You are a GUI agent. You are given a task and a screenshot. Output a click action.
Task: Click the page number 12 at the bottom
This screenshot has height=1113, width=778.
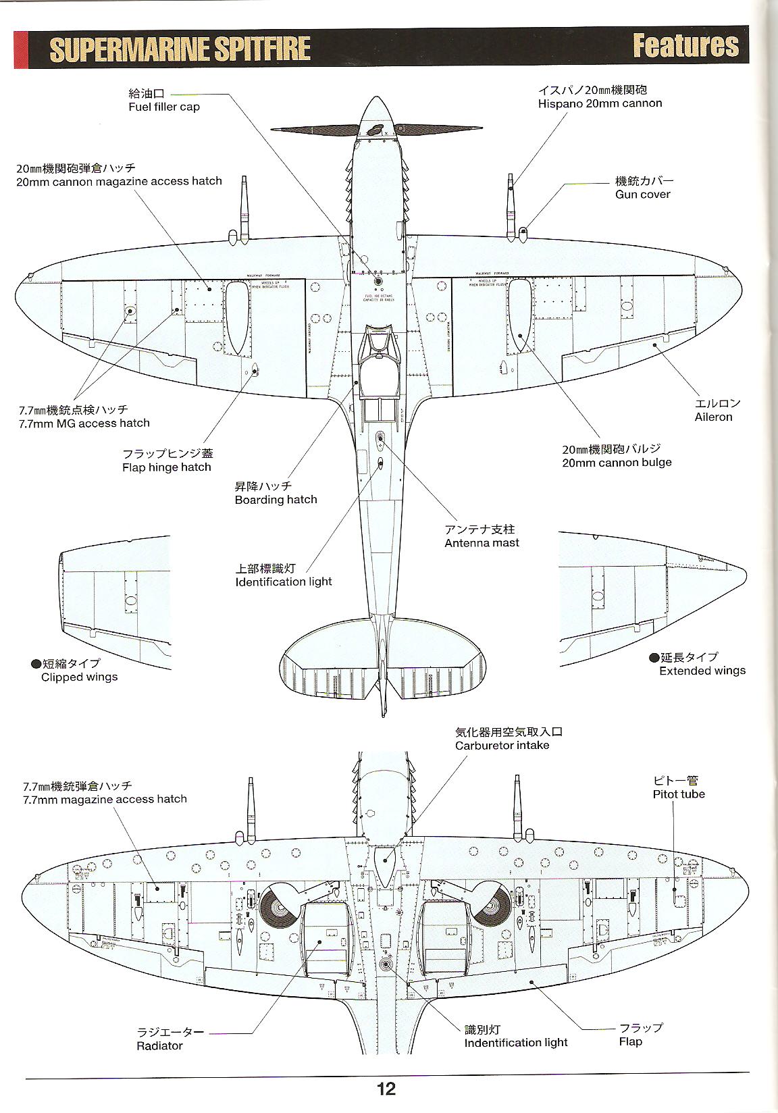pos(387,1088)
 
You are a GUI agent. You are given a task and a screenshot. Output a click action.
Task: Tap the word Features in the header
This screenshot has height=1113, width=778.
pos(685,46)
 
